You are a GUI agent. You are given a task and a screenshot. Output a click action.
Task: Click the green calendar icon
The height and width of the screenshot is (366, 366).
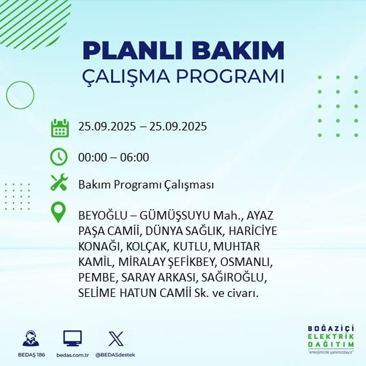[60, 128]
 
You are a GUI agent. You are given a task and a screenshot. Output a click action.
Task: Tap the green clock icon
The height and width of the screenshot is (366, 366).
[59, 157]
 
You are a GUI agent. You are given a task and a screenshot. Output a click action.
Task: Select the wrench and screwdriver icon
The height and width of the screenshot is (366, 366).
[59, 182]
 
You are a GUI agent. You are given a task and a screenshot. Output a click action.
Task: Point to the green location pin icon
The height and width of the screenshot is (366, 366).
[58, 212]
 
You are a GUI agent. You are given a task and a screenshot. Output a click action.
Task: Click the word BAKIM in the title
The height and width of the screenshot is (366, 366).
[238, 50]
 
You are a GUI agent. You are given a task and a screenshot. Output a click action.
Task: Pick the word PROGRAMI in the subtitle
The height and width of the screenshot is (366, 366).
[230, 76]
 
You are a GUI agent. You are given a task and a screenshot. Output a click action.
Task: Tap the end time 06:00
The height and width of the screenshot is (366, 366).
[134, 157]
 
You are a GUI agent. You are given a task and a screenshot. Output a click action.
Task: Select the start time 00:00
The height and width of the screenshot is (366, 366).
[92, 157]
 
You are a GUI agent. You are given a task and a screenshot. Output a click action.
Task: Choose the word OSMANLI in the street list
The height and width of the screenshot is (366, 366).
[246, 262]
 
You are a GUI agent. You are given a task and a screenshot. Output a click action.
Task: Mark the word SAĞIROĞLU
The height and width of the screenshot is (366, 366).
[234, 278]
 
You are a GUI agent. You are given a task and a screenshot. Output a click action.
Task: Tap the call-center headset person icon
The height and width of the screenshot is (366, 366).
[31, 338]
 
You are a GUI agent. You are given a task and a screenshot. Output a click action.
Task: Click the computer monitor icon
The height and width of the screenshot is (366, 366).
[72, 338]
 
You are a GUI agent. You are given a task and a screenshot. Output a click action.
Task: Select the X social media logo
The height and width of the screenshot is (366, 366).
[116, 338]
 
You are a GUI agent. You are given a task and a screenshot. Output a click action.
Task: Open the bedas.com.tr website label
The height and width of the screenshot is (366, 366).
[72, 355]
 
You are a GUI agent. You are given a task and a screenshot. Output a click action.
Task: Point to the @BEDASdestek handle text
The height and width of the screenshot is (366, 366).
[116, 355]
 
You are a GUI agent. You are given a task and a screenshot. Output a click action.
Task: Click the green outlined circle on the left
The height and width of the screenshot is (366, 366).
[6, 95]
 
